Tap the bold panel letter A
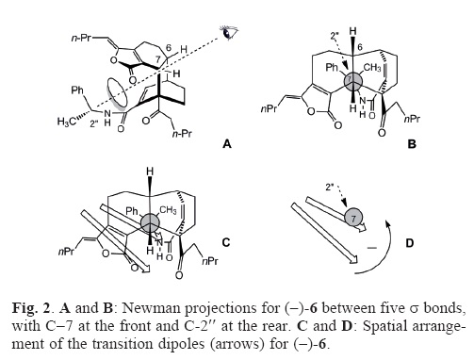point(226,144)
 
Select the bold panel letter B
point(412,144)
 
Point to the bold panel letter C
point(226,242)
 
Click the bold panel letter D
point(410,242)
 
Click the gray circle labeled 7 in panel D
point(353,218)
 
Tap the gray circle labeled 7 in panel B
point(353,80)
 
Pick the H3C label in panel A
point(67,122)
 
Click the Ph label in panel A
point(77,90)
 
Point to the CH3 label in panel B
point(372,68)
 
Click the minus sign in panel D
point(372,248)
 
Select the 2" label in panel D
point(330,188)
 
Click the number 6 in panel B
point(360,47)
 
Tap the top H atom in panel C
point(151,172)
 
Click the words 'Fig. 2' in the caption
point(31,308)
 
